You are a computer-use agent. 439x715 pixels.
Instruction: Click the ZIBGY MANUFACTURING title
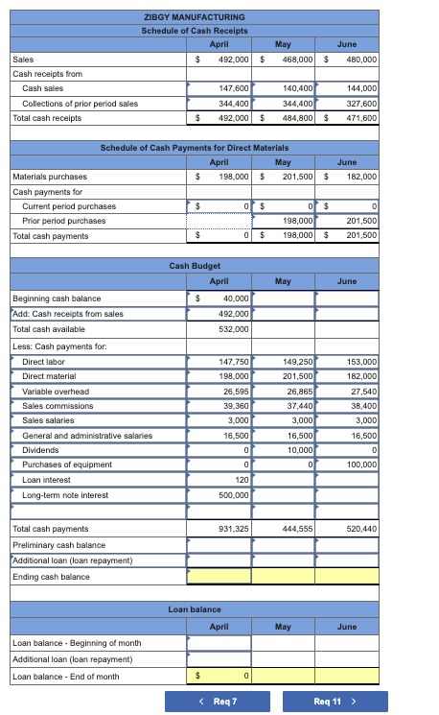pyautogui.click(x=195, y=17)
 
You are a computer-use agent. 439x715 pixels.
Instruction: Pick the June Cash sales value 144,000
pyautogui.click(x=360, y=88)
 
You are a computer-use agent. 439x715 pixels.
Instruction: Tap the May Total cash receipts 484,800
pyautogui.click(x=296, y=118)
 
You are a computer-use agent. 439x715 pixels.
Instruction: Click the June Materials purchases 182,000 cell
pyautogui.click(x=360, y=177)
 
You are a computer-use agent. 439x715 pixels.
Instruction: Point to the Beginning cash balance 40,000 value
pyautogui.click(x=235, y=298)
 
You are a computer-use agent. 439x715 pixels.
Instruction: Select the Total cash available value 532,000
pyautogui.click(x=235, y=328)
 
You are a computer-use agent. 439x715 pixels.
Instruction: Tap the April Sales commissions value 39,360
pyautogui.click(x=235, y=406)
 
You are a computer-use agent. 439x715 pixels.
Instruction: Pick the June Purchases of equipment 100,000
pyautogui.click(x=360, y=465)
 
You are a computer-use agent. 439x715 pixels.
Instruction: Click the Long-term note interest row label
pyautogui.click(x=65, y=495)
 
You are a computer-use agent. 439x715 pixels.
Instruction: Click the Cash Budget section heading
pyautogui.click(x=195, y=265)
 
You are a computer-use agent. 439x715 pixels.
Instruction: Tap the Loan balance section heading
pyautogui.click(x=195, y=609)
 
